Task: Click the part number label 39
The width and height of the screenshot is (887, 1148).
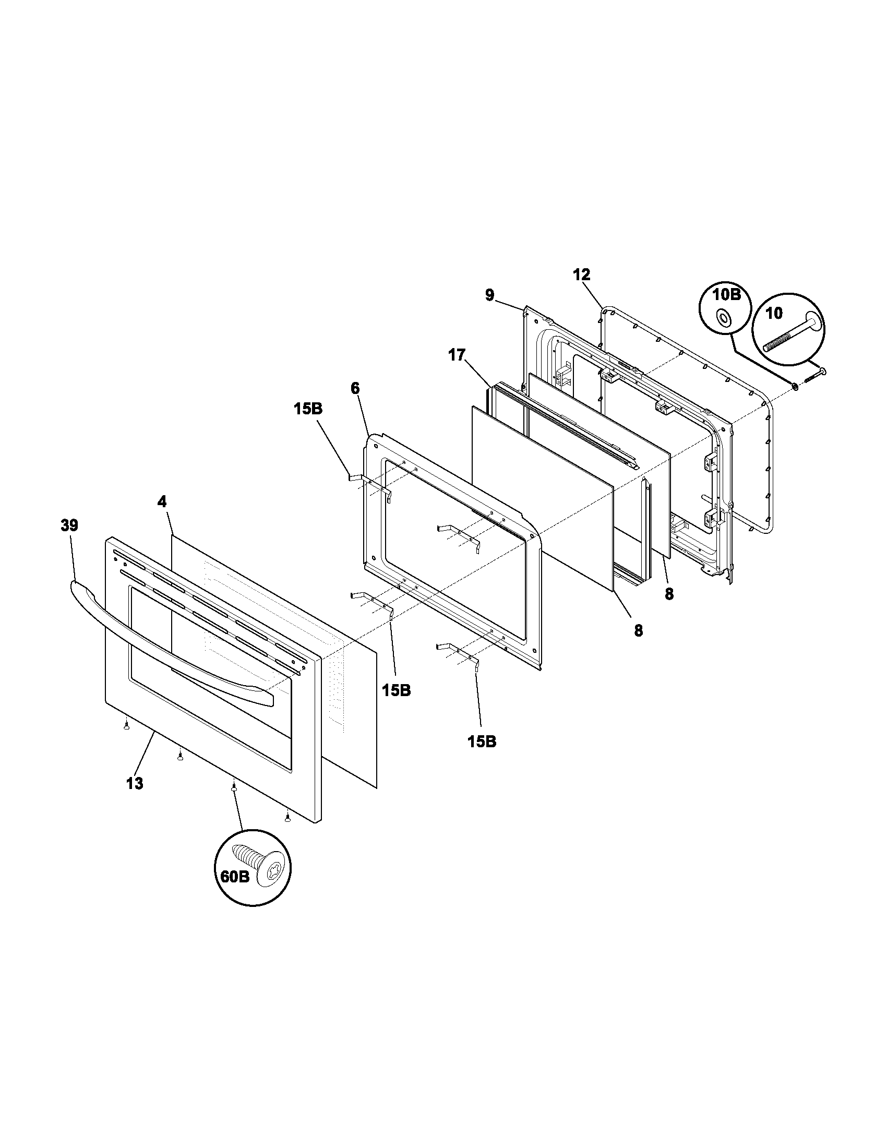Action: coord(69,525)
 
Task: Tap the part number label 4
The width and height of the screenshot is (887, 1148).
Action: coord(162,501)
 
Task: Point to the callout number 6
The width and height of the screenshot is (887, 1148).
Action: coord(355,388)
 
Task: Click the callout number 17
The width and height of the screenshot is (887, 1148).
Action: coord(457,355)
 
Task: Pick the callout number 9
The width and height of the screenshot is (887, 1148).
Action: coord(489,295)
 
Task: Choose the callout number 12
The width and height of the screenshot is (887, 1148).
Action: coord(582,274)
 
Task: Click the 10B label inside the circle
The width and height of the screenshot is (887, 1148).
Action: coord(727,294)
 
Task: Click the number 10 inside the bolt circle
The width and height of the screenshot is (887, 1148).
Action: coord(774,313)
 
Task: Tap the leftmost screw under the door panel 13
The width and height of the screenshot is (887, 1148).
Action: coord(126,726)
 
